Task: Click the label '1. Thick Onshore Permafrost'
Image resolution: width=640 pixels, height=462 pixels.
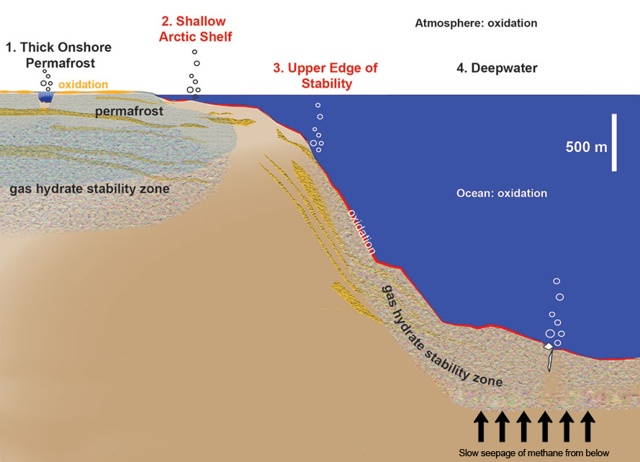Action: [59, 55]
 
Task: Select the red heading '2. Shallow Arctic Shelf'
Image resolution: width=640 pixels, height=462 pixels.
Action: [196, 29]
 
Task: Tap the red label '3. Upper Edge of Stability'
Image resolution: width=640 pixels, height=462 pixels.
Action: [325, 76]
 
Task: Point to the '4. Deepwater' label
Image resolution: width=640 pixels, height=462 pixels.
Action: [497, 69]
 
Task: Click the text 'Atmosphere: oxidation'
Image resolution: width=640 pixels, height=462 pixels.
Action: [476, 23]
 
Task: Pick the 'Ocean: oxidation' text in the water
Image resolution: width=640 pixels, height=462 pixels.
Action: [502, 194]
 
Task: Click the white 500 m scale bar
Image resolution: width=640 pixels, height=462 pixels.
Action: [615, 142]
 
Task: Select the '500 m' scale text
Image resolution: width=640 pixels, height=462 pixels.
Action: [587, 148]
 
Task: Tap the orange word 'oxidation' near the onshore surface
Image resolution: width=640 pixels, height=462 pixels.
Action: [83, 85]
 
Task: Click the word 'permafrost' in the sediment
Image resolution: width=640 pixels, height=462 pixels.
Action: [128, 112]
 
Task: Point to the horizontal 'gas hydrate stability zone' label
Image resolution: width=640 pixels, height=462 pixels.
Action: [89, 189]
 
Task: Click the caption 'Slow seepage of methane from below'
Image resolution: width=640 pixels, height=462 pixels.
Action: [534, 453]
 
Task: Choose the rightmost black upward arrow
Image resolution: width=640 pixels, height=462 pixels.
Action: [588, 426]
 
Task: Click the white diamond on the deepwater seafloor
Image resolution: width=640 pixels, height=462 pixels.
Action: [549, 347]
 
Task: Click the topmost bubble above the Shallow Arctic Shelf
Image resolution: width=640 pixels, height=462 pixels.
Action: [194, 52]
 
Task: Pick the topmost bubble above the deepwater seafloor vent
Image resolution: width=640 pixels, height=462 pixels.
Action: [556, 281]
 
